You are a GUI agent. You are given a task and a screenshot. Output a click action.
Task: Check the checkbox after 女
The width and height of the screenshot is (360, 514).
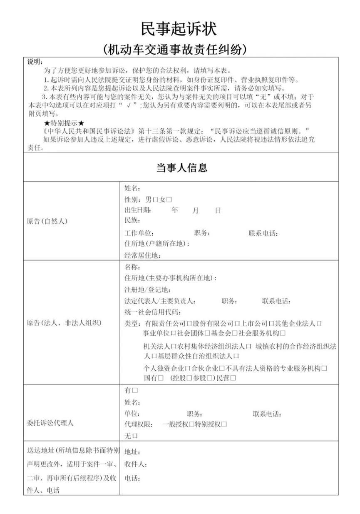pos(170,200)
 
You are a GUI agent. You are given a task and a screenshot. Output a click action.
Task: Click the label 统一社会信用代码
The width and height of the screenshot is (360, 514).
pos(153,312)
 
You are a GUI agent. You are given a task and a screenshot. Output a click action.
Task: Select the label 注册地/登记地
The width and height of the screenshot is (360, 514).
pos(147,289)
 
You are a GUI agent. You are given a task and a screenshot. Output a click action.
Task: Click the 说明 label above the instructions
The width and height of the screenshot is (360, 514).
pos(35,62)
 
